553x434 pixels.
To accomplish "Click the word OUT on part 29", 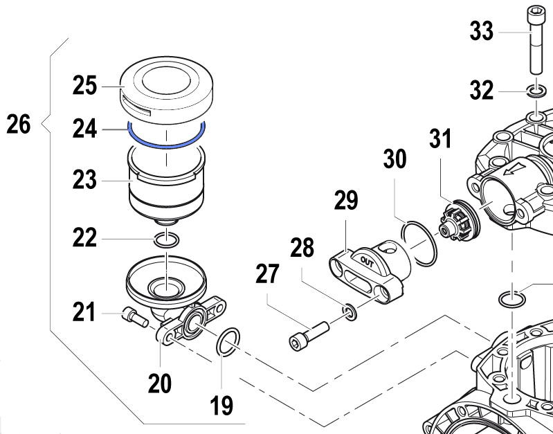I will pyautogui.click(x=367, y=260).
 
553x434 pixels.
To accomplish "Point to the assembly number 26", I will pyautogui.click(x=19, y=125).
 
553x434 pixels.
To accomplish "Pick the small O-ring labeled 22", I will pyautogui.click(x=166, y=240).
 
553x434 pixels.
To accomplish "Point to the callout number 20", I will pyautogui.click(x=160, y=382).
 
